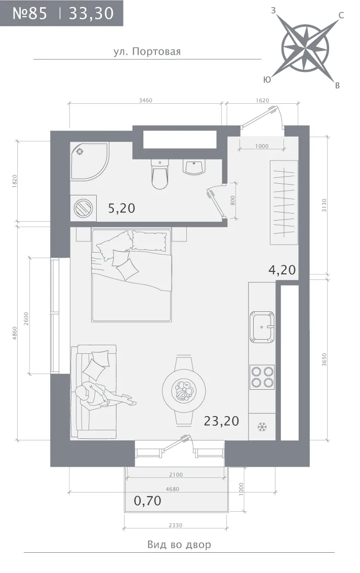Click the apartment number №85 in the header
(x=30, y=13)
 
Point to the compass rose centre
(x=305, y=48)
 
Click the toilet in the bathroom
(x=159, y=174)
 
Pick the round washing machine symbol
(x=84, y=209)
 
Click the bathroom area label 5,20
(x=122, y=209)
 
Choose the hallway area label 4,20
(x=282, y=270)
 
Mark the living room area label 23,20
(x=221, y=421)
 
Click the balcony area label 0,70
(x=147, y=500)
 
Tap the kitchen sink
(x=262, y=326)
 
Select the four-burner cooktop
(x=262, y=377)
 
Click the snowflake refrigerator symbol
(x=262, y=427)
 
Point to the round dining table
(x=184, y=390)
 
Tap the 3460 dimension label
(x=145, y=101)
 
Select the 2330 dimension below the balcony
(x=175, y=525)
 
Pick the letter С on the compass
(x=341, y=15)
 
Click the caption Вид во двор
(x=179, y=545)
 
